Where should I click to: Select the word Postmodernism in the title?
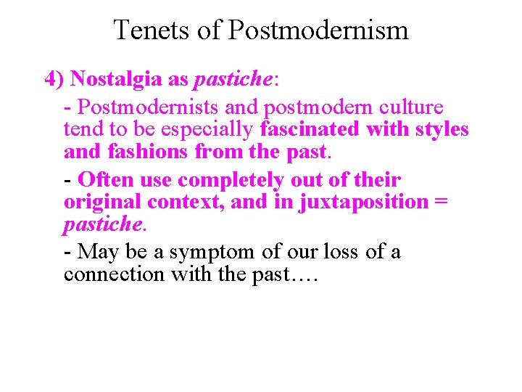pos(318,30)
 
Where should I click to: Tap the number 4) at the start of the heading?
pos(56,79)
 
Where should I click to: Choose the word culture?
pos(410,107)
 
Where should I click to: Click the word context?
pos(190,202)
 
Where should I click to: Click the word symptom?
pos(212,252)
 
